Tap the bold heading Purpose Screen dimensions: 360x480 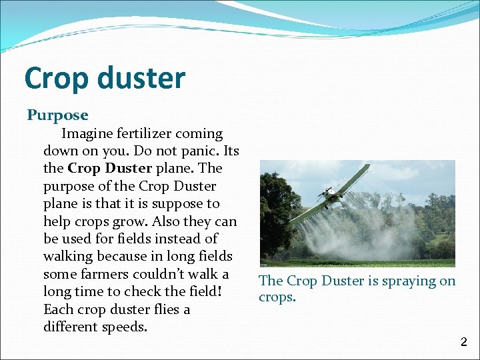57,115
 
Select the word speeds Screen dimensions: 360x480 125,327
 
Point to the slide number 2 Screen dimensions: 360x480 464,343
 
